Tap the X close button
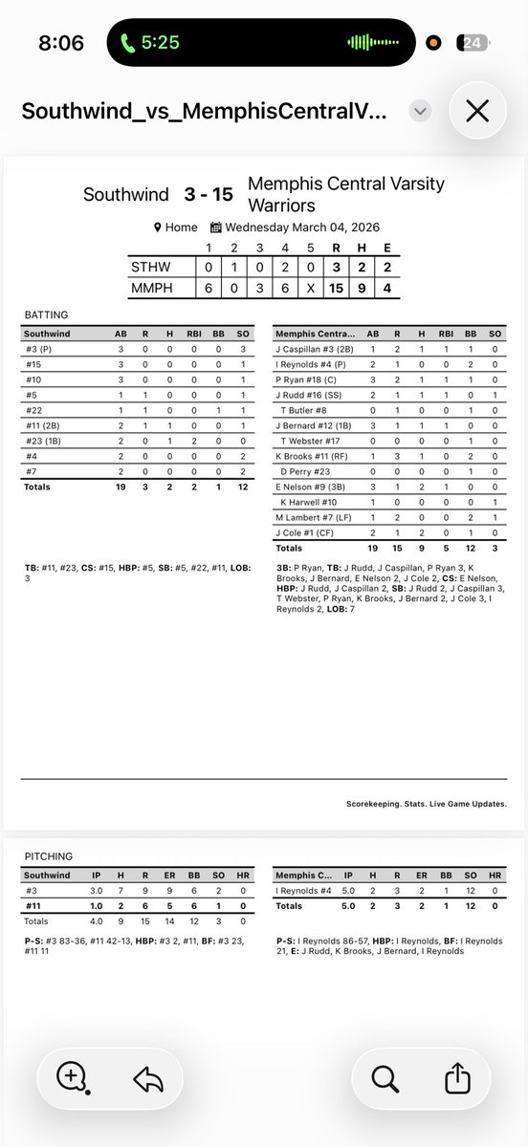(476, 111)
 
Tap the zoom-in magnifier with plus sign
(73, 1078)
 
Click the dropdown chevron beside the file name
(418, 111)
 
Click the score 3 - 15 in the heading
(209, 194)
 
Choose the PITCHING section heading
(47, 857)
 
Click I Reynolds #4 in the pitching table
(303, 890)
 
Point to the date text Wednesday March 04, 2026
(297, 227)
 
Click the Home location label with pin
(176, 227)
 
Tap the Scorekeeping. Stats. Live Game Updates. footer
(426, 805)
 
